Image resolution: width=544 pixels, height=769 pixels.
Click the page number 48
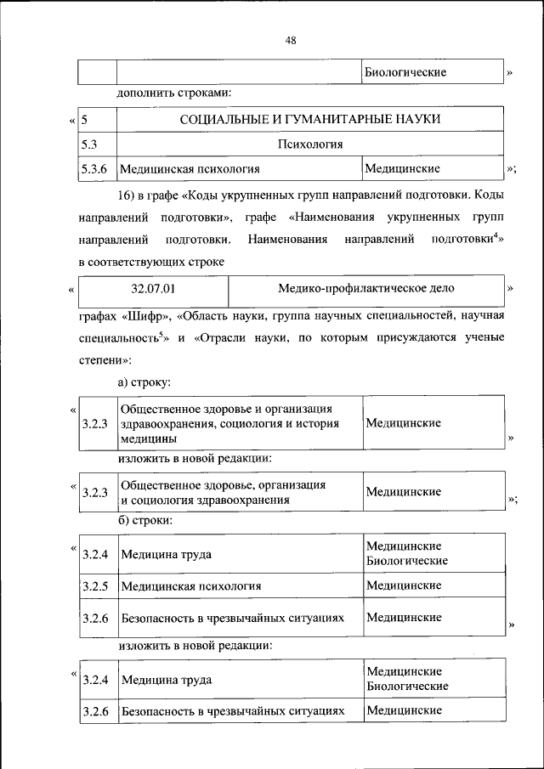(290, 40)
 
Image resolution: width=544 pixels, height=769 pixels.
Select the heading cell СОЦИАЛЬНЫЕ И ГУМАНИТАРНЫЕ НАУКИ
(309, 119)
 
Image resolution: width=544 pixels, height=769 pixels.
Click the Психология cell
(309, 144)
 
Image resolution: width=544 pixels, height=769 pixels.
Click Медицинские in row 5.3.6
(402, 168)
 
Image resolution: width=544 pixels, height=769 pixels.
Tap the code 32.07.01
(154, 288)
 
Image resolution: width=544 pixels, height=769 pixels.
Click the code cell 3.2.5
(95, 586)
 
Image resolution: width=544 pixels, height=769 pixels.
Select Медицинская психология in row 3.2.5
(190, 586)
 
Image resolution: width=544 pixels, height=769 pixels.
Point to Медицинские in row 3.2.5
(403, 585)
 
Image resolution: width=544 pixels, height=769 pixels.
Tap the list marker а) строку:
(144, 383)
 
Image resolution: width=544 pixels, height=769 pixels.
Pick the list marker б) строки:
(146, 518)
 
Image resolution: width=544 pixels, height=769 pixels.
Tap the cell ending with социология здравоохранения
(224, 492)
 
